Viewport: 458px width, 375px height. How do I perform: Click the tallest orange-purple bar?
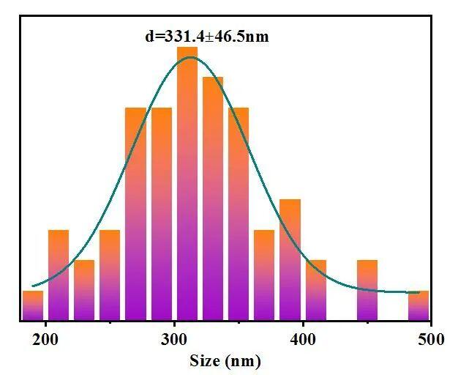(187, 183)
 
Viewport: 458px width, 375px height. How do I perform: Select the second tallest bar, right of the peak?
(213, 198)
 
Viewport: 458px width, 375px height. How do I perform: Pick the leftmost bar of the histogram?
(32, 305)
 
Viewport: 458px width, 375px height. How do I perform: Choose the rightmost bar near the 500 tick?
(418, 305)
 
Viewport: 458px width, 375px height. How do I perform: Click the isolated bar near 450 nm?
(367, 290)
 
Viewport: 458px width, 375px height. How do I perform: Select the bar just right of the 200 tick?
(59, 275)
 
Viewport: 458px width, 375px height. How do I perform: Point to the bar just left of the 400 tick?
(290, 259)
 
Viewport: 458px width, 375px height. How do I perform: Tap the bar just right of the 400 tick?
(316, 290)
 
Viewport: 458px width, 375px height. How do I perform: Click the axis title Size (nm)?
(225, 360)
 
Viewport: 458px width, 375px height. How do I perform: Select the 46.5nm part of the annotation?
(239, 35)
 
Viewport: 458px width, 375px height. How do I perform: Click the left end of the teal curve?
(32, 286)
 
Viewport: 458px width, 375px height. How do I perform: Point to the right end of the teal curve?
(419, 292)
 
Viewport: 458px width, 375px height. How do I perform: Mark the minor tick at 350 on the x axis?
(239, 323)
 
